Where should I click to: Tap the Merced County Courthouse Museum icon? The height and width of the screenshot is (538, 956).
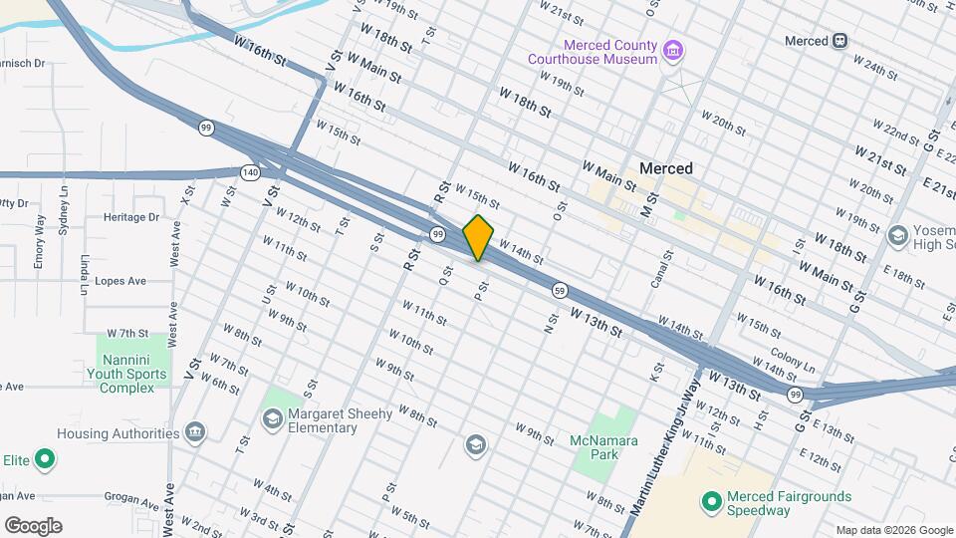(673, 50)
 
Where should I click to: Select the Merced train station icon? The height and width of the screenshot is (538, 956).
(840, 41)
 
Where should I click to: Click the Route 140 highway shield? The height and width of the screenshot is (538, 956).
(249, 172)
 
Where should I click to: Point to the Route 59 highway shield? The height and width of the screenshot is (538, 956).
(561, 290)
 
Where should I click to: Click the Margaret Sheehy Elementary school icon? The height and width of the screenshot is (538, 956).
(272, 419)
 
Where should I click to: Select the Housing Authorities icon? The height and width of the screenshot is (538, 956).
(195, 433)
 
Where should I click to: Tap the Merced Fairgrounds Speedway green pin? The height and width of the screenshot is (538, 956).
(711, 502)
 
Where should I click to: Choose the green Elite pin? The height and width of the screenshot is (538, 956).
(45, 459)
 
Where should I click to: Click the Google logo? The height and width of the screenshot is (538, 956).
(33, 526)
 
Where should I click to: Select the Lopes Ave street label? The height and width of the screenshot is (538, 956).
(120, 281)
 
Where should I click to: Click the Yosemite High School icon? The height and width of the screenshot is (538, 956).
(896, 235)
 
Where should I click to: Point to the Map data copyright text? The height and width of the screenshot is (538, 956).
(892, 530)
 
